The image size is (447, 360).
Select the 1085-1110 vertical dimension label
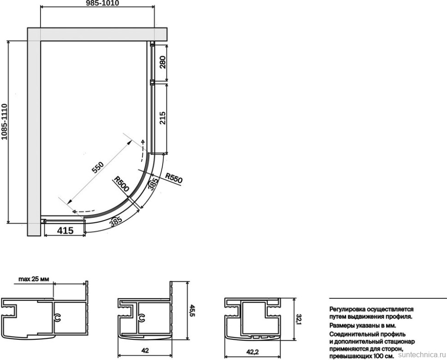click(x=4, y=122)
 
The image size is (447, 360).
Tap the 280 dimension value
click(x=163, y=62)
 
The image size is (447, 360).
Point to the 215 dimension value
click(x=163, y=118)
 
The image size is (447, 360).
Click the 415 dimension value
click(x=65, y=230)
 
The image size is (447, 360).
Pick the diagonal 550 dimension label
click(x=98, y=168)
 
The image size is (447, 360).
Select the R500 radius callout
click(x=122, y=184)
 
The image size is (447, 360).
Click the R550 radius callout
click(x=174, y=179)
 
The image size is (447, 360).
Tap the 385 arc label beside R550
click(x=153, y=183)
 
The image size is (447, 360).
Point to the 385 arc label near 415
click(x=116, y=221)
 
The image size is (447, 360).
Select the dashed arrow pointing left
click(x=83, y=211)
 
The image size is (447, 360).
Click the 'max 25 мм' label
click(x=34, y=279)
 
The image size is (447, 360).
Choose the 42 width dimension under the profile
click(x=145, y=350)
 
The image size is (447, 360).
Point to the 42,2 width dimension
click(x=253, y=352)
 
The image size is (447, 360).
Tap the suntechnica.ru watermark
click(x=422, y=355)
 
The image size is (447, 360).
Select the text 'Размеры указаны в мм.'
click(x=363, y=325)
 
